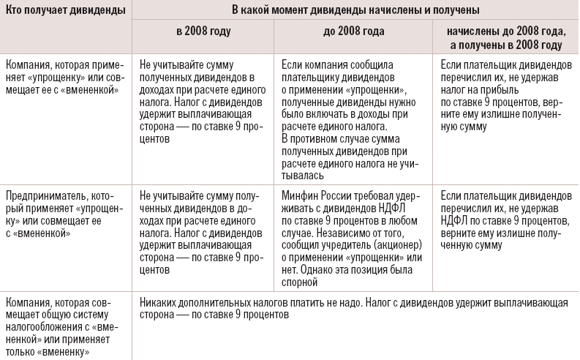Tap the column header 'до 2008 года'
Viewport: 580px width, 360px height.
coord(353,33)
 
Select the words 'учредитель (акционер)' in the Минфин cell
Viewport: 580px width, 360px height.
coord(374,248)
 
